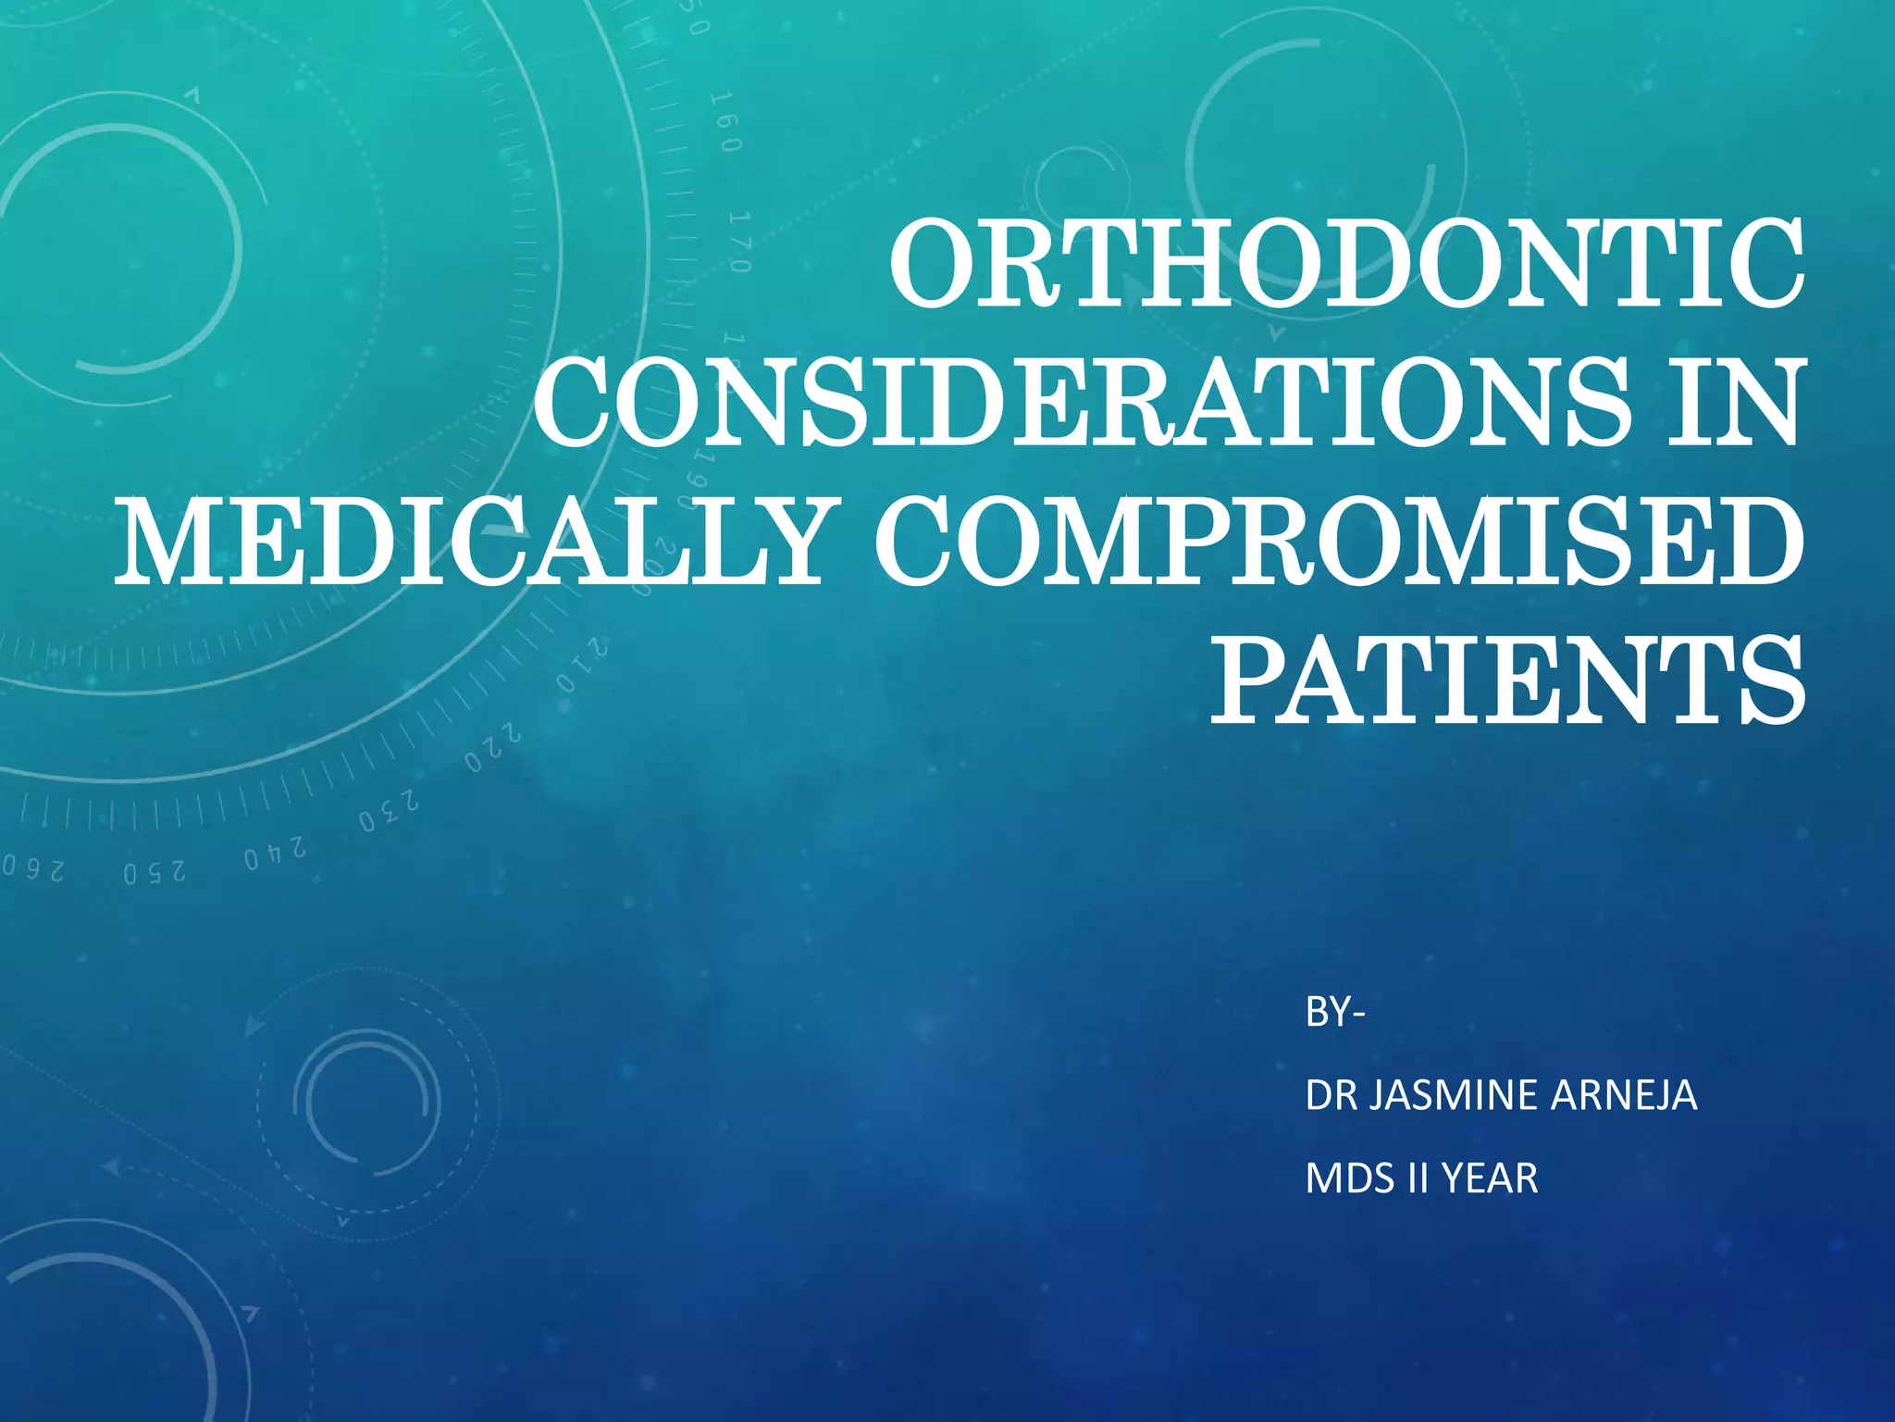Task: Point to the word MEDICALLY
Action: click(472, 543)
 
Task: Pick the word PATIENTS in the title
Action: click(1507, 680)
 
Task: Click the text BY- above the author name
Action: click(1334, 1013)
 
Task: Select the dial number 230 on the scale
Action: click(390, 811)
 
